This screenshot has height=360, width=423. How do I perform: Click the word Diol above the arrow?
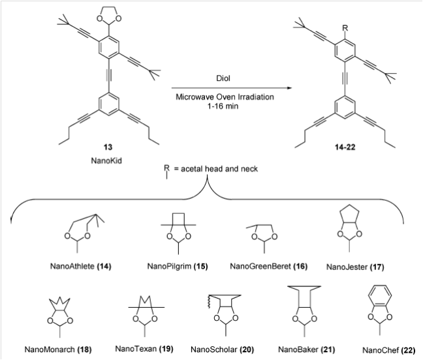223,78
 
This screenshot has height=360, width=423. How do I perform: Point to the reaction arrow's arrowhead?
289,88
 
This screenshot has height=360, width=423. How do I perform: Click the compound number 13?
108,147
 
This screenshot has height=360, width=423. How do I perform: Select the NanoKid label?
106,160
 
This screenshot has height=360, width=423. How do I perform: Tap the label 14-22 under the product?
345,147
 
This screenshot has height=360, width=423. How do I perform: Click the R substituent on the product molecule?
345,28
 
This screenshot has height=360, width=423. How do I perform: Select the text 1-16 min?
223,106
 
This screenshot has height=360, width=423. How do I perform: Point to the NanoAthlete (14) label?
81,266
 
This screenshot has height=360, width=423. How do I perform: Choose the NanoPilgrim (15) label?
178,266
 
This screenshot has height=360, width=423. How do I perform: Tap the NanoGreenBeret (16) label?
269,266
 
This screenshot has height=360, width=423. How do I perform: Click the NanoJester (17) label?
355,267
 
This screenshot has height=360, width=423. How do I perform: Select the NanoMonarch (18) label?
58,350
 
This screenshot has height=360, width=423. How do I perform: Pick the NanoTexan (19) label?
144,349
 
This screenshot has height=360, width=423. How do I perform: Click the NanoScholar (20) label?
223,350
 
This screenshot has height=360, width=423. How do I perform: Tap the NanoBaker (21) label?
306,350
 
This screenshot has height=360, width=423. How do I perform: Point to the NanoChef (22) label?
389,350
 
